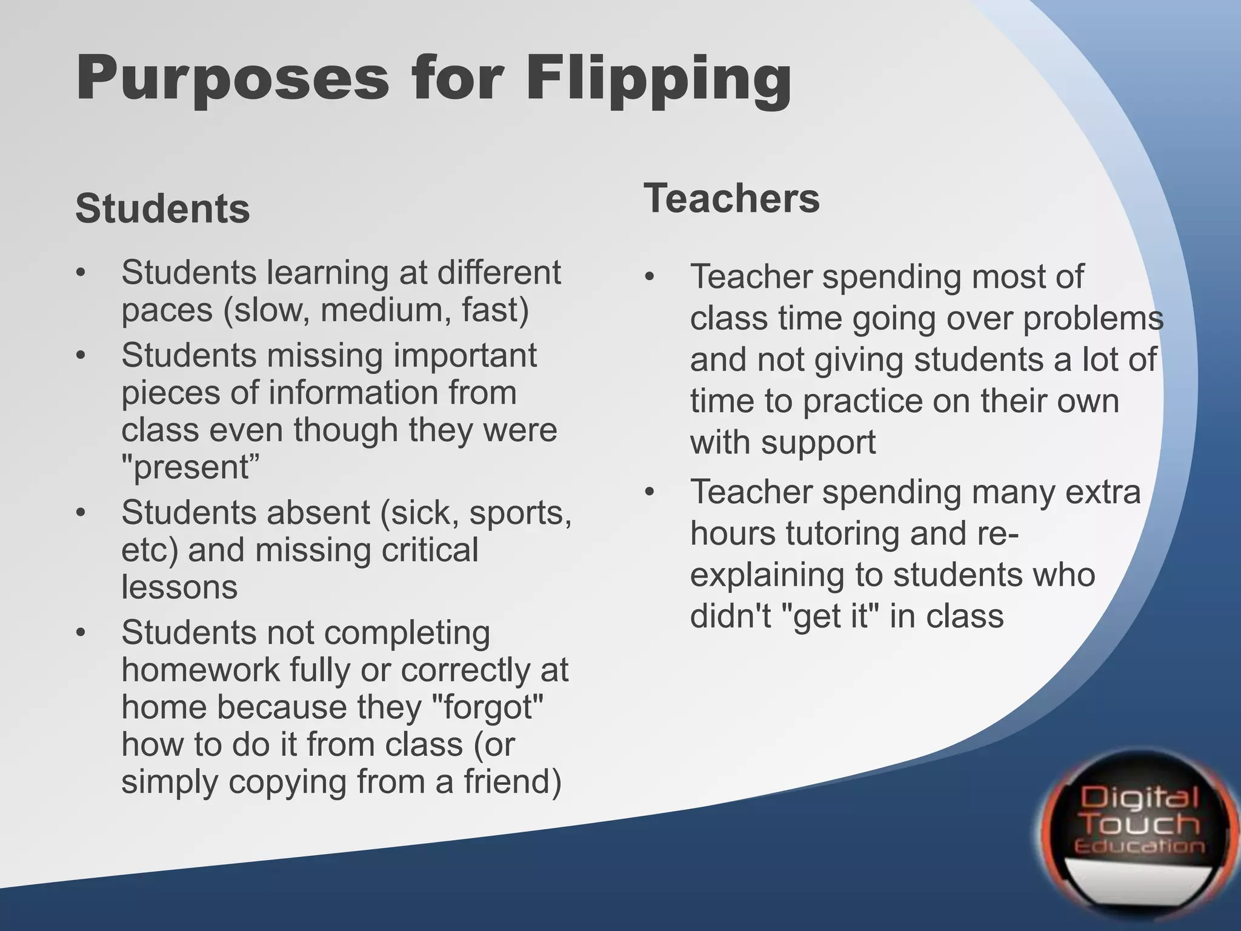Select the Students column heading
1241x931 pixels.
162,209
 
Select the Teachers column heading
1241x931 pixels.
731,198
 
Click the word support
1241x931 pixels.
818,442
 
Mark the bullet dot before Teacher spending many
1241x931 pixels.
650,492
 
